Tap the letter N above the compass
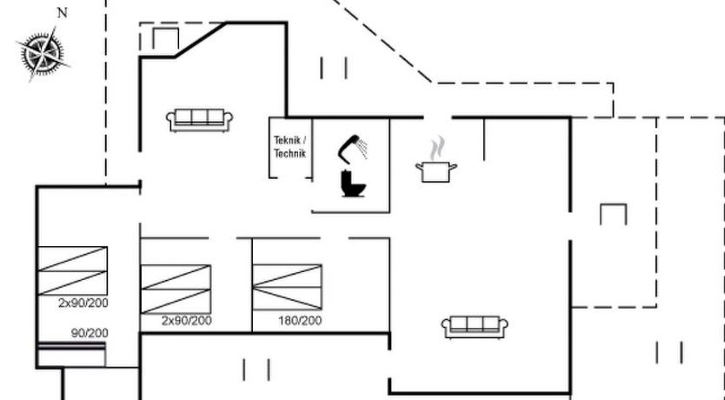pos(61,13)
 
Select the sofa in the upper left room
pos(201,120)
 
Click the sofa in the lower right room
pos(475,327)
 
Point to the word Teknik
pos(290,141)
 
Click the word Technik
pos(290,153)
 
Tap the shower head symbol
pos(352,147)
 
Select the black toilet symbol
pos(352,183)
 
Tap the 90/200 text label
pos(90,333)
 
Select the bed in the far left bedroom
pos(72,270)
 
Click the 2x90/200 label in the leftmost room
pos(83,303)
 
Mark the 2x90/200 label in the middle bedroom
pos(186,321)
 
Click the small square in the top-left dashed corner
pos(165,38)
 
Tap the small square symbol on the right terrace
pos(613,214)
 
